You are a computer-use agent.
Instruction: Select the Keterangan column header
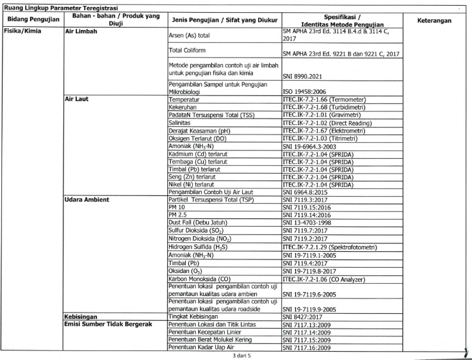point(435,20)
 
